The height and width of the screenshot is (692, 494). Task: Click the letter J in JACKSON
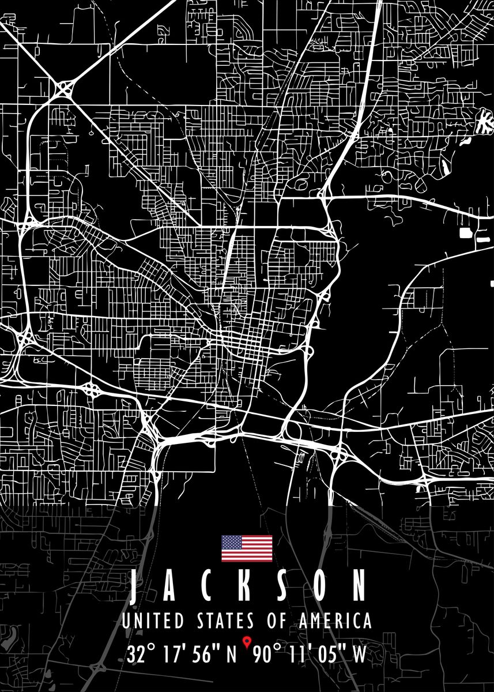135,585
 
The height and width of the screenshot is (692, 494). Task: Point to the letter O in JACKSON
315,585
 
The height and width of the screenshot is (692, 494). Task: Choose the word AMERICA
335,621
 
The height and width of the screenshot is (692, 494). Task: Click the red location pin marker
247,641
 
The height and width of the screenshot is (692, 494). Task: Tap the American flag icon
247,548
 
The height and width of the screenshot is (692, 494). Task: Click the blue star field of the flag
232,542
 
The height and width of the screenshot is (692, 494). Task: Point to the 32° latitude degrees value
141,655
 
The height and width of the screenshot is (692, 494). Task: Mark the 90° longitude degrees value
267,655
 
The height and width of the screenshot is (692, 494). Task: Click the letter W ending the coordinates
359,655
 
